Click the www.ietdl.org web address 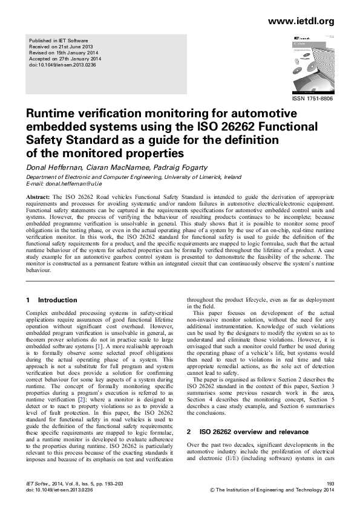tap(300, 21)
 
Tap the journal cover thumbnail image tap(311, 63)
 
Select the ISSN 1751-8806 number tap(312, 99)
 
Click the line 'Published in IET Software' tap(55, 40)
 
